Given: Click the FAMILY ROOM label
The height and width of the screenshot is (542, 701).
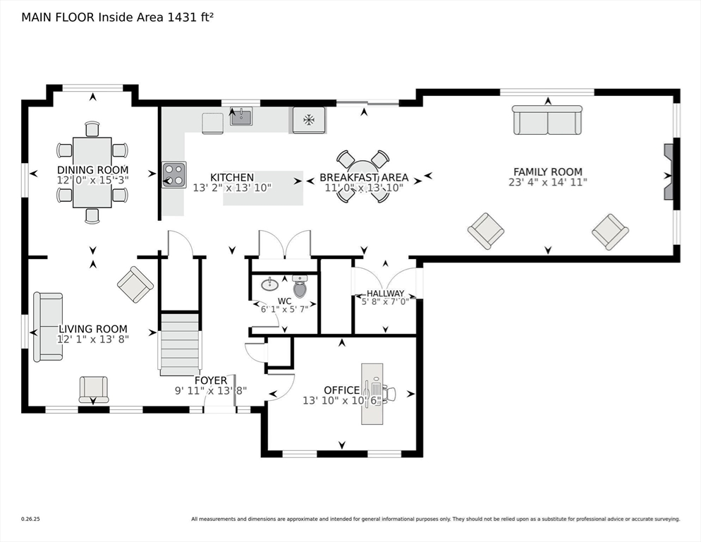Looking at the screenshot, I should tap(547, 171).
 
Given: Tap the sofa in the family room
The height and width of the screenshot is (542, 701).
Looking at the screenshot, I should tap(547, 120).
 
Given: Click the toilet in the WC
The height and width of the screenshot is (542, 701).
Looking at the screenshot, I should tap(300, 287).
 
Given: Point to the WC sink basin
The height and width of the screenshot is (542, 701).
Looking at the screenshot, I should tap(269, 284).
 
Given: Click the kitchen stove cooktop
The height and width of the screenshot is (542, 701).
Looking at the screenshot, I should tap(174, 174).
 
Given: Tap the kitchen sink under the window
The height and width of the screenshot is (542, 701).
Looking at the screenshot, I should tap(241, 116).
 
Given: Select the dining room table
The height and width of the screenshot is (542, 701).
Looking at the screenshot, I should tap(92, 172).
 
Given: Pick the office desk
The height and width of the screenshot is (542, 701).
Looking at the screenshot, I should tap(372, 394).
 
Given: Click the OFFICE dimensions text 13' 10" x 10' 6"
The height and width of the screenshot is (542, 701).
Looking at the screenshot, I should tap(342, 401).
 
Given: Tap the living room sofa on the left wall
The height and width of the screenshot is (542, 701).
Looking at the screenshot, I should tap(49, 327).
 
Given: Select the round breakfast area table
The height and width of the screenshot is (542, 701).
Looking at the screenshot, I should tap(362, 176).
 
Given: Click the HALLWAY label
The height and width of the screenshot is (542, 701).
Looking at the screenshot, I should tap(385, 294).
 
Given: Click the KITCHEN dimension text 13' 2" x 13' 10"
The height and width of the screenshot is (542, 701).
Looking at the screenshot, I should tap(232, 188).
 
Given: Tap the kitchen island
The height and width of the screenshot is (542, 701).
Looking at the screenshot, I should tap(263, 188).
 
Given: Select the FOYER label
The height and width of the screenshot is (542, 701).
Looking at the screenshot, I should tap(211, 380).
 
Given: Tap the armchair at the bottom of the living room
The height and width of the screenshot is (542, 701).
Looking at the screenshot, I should tap(94, 389).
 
